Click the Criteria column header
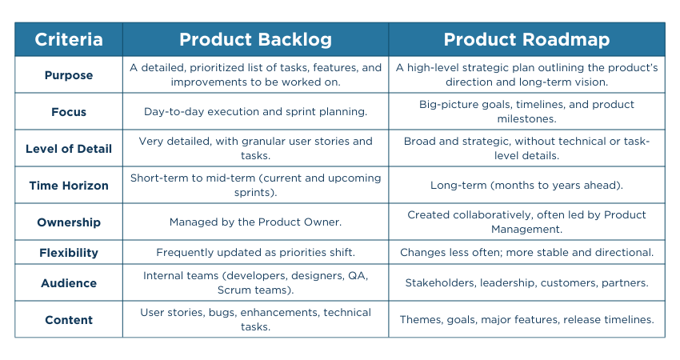point(69,39)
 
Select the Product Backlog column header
point(255,39)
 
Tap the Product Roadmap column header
point(526,39)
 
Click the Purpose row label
point(69,75)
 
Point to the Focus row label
point(69,112)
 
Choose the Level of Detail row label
point(69,149)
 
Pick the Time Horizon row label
point(69,186)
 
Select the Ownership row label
point(69,222)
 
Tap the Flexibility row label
point(69,253)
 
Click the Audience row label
point(69,283)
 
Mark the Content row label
point(69,320)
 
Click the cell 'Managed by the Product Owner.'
point(255,222)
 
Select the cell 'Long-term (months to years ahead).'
point(526,186)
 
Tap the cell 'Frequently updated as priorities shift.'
point(255,253)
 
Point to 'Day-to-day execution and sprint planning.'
point(255,111)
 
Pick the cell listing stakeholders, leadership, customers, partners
point(526,282)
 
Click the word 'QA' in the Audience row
point(358,276)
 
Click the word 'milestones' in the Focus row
point(526,119)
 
